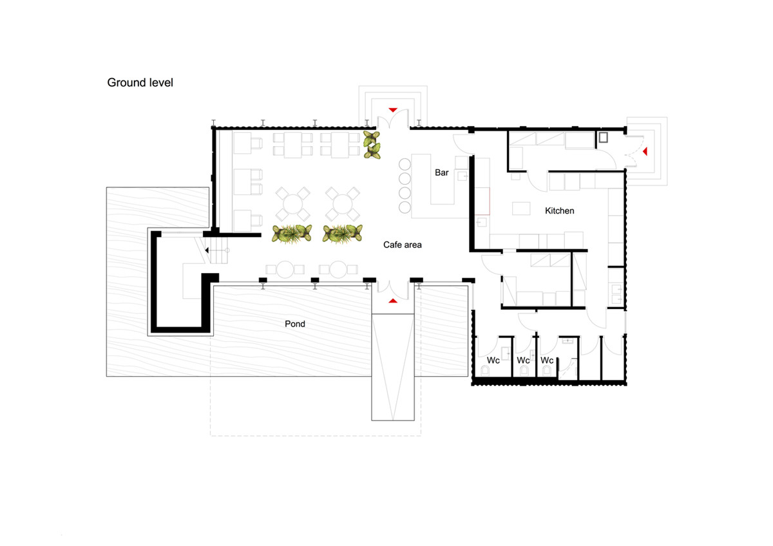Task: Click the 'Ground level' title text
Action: tap(140, 82)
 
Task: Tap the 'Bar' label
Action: tap(441, 173)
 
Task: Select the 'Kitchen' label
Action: tap(559, 211)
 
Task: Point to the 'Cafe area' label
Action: tap(403, 245)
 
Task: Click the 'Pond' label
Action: tap(294, 324)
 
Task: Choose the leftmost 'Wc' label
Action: tap(493, 361)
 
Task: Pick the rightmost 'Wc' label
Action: tap(547, 361)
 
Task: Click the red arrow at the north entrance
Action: tap(392, 109)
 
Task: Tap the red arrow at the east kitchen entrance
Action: tap(644, 151)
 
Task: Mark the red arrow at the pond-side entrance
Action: tap(392, 300)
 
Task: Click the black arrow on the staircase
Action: tap(207, 250)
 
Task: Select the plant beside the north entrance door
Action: tap(372, 145)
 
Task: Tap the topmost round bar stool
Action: tap(405, 164)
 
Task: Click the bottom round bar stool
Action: tap(405, 207)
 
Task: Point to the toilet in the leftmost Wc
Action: tap(485, 370)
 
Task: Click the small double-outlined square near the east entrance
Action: tap(604, 137)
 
